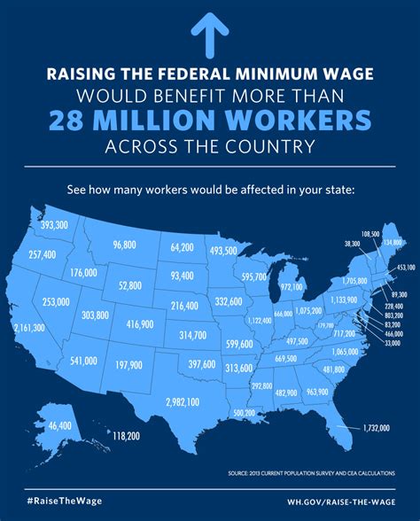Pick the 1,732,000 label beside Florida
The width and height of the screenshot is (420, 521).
pos(377,428)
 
